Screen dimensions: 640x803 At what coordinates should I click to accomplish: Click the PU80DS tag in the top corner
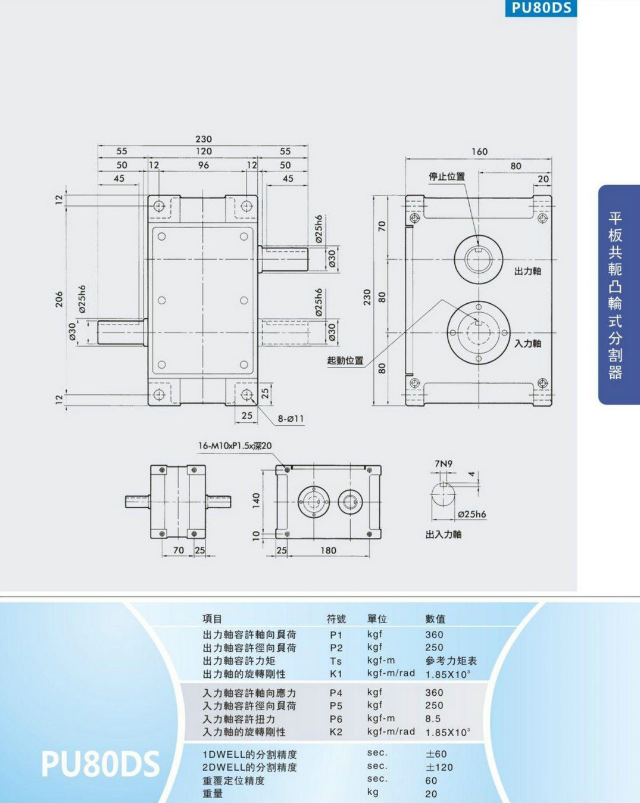click(541, 8)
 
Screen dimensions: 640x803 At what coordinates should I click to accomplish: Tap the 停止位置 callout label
click(447, 176)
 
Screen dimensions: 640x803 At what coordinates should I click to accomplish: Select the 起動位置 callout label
click(345, 360)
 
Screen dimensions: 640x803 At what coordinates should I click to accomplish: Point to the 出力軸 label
click(527, 271)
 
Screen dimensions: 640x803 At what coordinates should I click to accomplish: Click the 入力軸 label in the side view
click(527, 343)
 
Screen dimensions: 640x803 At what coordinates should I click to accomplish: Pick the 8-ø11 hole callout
click(291, 419)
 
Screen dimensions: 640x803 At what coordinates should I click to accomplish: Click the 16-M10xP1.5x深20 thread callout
click(235, 446)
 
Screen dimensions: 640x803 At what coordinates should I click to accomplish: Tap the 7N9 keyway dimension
click(444, 464)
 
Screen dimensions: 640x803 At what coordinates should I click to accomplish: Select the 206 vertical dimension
click(59, 299)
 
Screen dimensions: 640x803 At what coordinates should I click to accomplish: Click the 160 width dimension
click(479, 151)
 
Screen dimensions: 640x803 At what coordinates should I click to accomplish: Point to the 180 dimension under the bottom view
click(328, 550)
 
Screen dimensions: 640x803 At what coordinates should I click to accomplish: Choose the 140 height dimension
click(255, 500)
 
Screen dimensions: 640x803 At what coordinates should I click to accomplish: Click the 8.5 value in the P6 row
click(433, 718)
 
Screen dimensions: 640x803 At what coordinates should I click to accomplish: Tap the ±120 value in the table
click(439, 767)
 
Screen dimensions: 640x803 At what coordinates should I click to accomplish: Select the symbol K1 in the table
click(336, 674)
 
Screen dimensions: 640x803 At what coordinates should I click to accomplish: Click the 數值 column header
click(435, 619)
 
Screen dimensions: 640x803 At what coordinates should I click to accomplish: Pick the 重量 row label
click(213, 793)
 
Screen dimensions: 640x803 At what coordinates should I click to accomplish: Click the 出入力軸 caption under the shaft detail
click(444, 534)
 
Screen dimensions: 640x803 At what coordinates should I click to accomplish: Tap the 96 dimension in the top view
click(204, 165)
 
